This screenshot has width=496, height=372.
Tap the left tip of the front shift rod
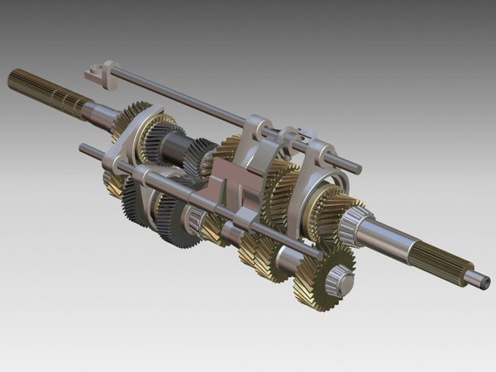pyautogui.click(x=83, y=149)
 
